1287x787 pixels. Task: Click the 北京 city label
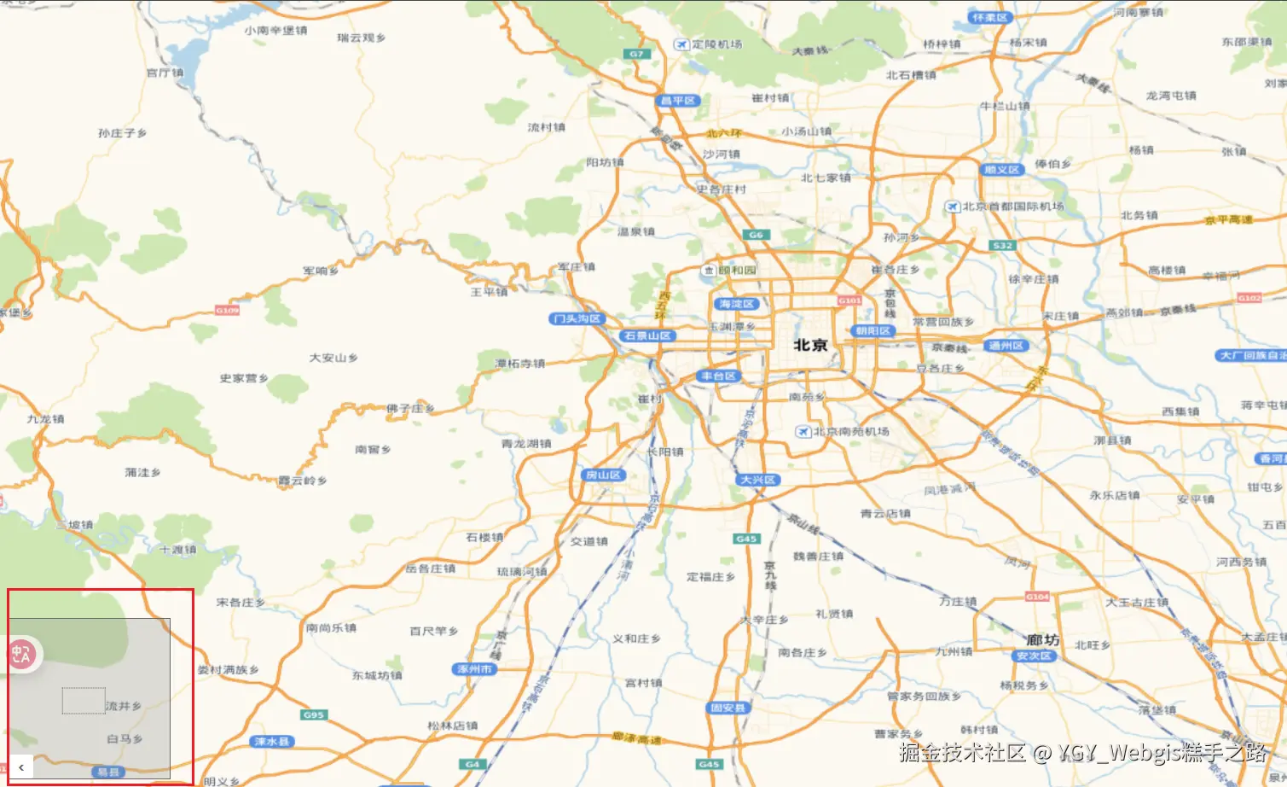810,345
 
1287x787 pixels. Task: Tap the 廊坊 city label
1042,639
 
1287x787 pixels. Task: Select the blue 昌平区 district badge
679,101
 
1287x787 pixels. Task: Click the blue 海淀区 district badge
736,304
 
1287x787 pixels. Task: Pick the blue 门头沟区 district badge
577,318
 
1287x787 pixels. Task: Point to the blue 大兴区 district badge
757,480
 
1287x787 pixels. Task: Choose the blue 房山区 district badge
604,475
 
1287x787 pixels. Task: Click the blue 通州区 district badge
1006,346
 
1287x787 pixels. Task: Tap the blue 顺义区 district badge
1001,170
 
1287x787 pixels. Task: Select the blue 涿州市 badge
474,669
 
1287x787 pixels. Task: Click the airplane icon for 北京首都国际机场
953,207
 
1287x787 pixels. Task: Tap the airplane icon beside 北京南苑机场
803,432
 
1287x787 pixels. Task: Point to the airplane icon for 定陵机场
681,44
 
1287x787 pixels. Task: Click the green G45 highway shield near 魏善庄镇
746,539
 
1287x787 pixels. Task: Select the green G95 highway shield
313,714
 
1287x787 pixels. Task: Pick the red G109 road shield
227,311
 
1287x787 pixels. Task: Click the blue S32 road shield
1002,246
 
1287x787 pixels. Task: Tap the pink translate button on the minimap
20,655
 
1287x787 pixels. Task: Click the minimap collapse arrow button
21,767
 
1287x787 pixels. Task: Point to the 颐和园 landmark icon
708,271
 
